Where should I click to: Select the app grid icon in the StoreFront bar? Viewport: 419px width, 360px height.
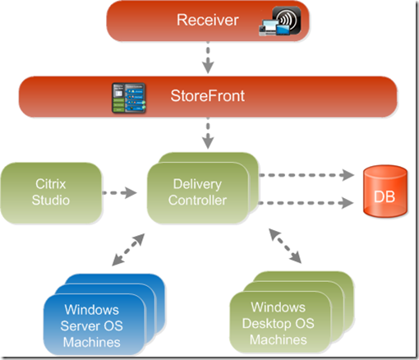point(128,97)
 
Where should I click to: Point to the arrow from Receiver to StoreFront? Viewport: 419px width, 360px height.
point(209,57)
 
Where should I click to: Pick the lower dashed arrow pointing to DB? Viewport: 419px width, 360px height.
point(307,203)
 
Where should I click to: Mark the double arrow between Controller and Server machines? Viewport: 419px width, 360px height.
point(127,250)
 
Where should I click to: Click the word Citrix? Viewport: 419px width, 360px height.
point(51,185)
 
